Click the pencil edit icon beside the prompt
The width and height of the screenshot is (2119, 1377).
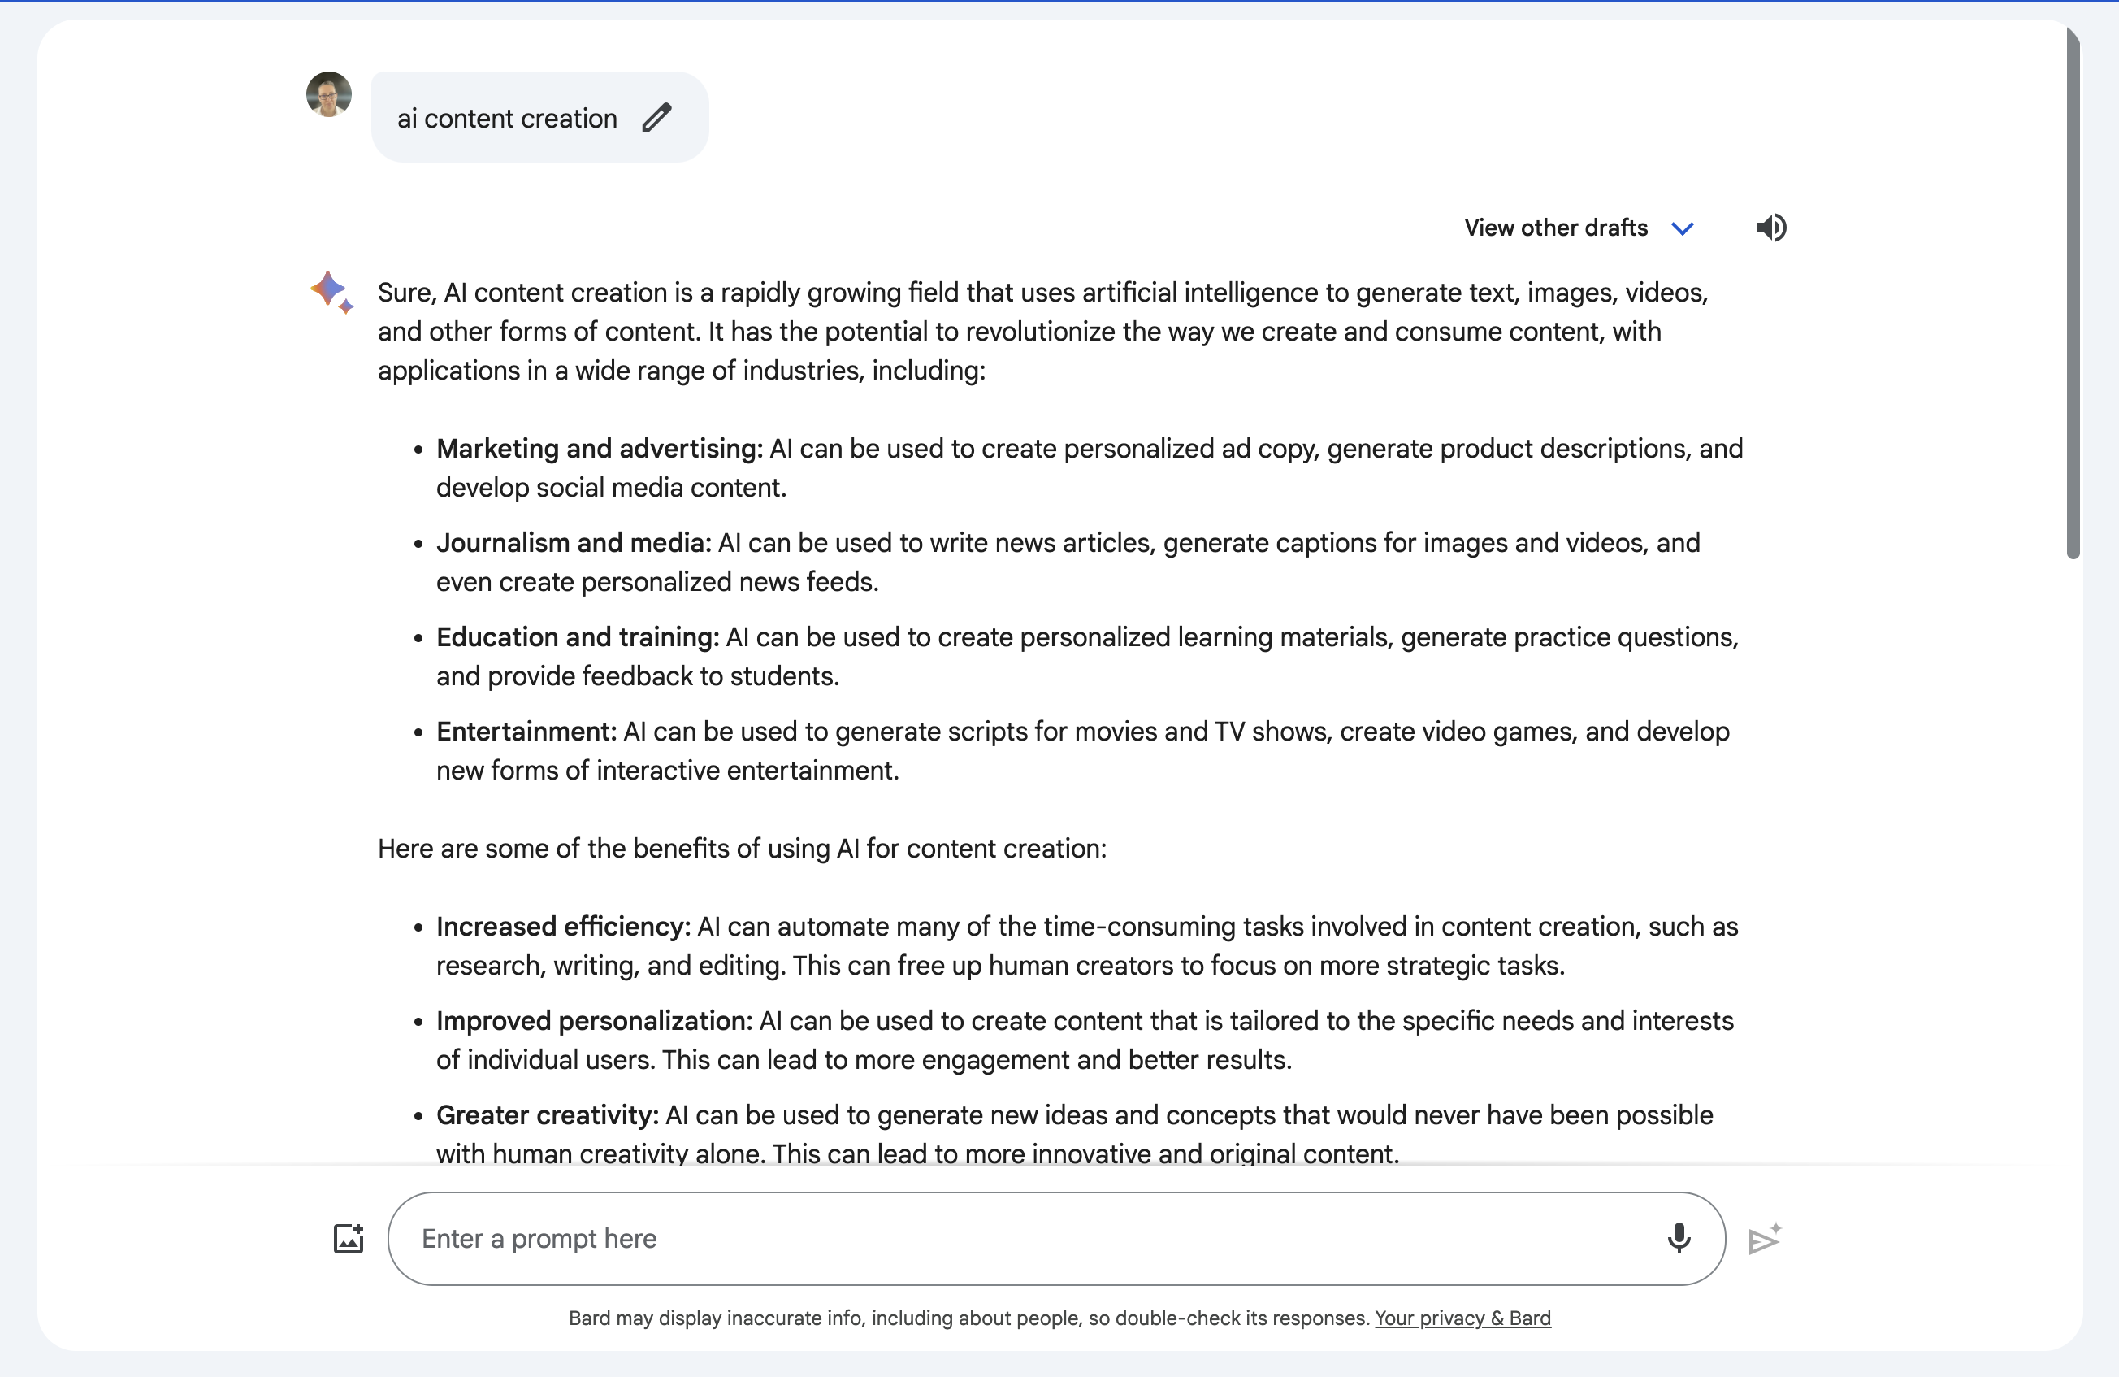click(657, 118)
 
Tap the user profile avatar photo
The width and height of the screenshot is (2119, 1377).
click(328, 94)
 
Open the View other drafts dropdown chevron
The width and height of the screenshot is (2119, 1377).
click(1682, 229)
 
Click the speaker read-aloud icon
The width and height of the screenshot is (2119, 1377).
click(1771, 228)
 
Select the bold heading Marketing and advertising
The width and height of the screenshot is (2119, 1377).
click(599, 449)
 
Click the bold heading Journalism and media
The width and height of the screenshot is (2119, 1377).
click(574, 543)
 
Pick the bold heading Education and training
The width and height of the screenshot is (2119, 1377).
click(577, 638)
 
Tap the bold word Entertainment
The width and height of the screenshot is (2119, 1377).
click(526, 732)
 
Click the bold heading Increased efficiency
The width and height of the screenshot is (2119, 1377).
click(563, 927)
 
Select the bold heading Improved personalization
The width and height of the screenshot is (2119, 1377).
click(594, 1022)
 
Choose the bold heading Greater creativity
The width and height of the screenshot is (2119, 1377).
click(547, 1116)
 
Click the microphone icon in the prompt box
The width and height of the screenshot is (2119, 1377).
click(1679, 1238)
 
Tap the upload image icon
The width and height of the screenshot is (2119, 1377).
click(348, 1239)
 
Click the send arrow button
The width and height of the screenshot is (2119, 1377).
click(1764, 1239)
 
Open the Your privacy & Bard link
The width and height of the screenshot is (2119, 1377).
click(1462, 1318)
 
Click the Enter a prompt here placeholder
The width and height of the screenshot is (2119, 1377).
click(539, 1239)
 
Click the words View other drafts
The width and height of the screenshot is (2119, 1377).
click(1555, 228)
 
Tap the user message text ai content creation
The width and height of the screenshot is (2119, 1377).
click(507, 119)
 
